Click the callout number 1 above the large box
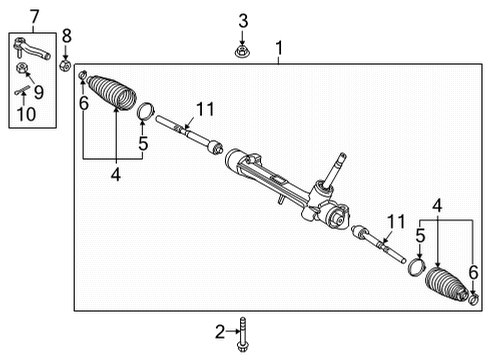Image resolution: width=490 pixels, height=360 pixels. coord(279,47)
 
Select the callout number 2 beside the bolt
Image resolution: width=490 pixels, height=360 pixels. coord(219,331)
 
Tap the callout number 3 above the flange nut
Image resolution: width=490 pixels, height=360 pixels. coord(242,21)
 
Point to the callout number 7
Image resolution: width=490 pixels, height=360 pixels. coord(34,15)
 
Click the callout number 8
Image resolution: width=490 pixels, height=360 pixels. coord(66,36)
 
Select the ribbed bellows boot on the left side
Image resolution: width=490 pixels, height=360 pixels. coord(112,93)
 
